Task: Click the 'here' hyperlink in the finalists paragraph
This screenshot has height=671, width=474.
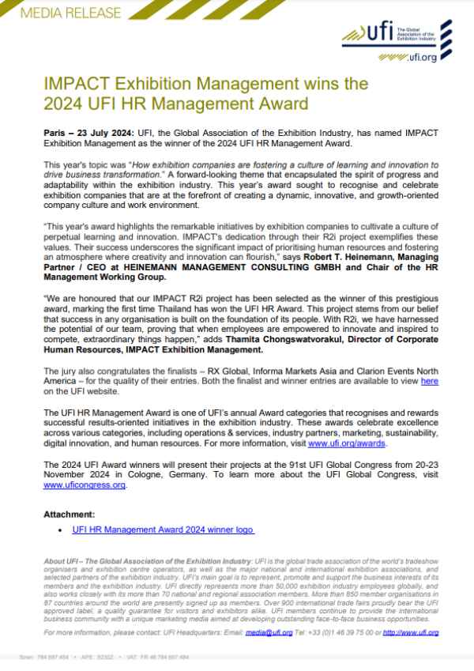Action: point(431,381)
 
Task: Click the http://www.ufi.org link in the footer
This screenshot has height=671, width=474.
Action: point(410,633)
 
